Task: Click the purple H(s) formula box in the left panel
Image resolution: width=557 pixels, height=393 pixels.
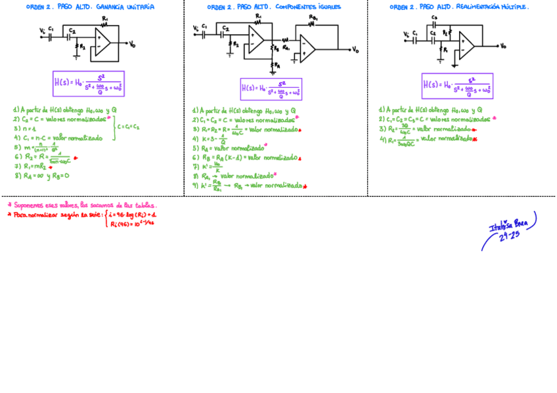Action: (x=88, y=83)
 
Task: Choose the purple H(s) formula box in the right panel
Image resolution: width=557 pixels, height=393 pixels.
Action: (x=457, y=86)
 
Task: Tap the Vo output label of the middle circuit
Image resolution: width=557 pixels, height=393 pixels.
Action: (x=355, y=49)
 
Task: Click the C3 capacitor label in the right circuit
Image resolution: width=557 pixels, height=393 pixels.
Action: (x=435, y=18)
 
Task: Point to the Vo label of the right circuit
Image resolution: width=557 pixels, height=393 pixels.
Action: (x=502, y=46)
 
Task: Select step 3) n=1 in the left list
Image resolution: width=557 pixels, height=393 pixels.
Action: (x=25, y=129)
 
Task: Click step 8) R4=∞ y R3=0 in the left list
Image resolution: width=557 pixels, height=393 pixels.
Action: (x=41, y=176)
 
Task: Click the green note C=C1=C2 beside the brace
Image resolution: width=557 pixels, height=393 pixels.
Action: (x=128, y=127)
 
